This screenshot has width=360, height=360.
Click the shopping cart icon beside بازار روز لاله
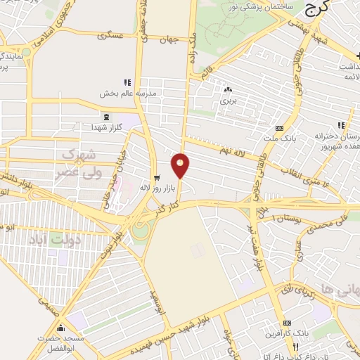156,178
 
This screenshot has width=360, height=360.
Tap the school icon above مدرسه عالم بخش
127,82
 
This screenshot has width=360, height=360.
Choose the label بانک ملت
279,138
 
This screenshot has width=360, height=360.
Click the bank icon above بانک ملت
279,128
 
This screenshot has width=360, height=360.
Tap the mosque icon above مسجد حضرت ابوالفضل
60,328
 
